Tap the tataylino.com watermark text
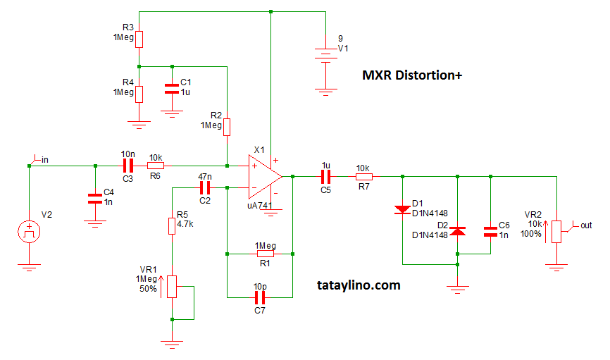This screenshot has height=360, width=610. [x=359, y=285]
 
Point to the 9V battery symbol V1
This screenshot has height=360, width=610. [x=325, y=56]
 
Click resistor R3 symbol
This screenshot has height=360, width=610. [x=139, y=38]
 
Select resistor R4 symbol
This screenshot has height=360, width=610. [x=139, y=94]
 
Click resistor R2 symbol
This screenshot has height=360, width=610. [x=227, y=126]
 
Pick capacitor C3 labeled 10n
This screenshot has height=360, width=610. [x=128, y=166]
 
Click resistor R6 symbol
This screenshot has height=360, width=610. [x=156, y=166]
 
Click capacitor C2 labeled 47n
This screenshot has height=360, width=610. [x=205, y=187]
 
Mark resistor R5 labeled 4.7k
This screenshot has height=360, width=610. [x=171, y=225]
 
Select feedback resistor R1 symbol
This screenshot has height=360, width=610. [x=266, y=253]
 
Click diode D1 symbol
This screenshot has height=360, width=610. [x=402, y=209]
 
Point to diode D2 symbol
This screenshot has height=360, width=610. [x=458, y=230]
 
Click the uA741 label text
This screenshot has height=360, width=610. [x=261, y=206]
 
